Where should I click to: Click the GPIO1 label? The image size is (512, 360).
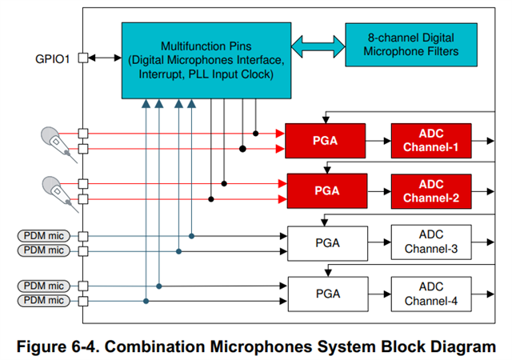52,59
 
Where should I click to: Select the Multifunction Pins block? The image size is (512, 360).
206,61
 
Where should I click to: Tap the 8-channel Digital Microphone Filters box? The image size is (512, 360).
411,45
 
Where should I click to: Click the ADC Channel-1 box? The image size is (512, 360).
431,141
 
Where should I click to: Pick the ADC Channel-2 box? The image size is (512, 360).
431,191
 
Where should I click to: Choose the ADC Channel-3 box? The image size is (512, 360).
431,242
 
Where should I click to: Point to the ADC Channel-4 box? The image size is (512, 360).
431,294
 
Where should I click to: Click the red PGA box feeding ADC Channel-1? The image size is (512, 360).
326,141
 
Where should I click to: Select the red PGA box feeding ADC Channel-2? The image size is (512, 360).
327,190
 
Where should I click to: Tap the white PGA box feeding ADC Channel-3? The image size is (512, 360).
327,243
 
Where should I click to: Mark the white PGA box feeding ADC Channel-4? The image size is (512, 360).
328,294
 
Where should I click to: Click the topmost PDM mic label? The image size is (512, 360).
44,235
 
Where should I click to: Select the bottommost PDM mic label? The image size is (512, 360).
44,300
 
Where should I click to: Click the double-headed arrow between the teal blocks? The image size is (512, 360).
318,46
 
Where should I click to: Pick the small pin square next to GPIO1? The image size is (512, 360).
83,58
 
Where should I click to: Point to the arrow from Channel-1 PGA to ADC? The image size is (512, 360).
378,141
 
